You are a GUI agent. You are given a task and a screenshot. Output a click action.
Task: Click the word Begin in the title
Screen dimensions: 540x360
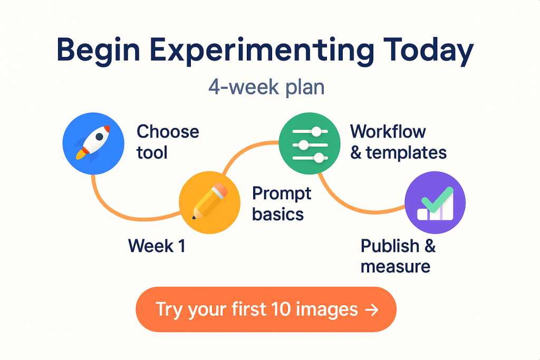[99, 51]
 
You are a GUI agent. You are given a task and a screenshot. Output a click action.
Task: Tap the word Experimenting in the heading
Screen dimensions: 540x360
[262, 51]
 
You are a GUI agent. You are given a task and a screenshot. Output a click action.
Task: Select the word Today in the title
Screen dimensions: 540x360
[429, 51]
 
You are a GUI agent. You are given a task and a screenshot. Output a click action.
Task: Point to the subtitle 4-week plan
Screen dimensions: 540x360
[266, 87]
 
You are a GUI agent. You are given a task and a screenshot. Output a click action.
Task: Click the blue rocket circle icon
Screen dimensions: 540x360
[93, 143]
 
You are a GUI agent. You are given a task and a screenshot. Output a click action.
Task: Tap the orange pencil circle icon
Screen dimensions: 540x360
[210, 202]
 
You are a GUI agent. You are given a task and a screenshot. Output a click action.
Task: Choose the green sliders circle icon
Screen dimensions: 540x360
[310, 143]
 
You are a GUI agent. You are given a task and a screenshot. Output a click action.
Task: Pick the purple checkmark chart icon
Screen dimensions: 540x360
[435, 202]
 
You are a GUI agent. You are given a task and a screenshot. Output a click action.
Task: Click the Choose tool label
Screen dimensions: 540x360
[168, 142]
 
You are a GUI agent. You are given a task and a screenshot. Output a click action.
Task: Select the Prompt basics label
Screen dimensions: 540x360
[282, 204]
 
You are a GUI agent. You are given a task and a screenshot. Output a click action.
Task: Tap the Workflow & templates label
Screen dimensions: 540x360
[399, 142]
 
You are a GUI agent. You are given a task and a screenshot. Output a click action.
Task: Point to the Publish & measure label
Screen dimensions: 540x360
[398, 256]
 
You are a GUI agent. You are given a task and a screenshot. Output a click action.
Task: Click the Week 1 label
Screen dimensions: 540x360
[157, 246]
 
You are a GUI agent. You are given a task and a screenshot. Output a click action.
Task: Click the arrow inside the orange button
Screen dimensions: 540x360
[372, 310]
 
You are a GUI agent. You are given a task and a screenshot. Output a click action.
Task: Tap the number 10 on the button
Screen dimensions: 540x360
[281, 309]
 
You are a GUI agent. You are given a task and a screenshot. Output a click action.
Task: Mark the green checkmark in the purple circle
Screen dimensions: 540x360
[437, 199]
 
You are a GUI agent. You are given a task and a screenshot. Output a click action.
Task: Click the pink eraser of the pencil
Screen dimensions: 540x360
[220, 190]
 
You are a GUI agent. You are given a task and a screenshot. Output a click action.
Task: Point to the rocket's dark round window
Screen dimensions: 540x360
[100, 137]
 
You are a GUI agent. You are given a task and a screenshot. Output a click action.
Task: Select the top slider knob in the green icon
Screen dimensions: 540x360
[316, 131]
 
